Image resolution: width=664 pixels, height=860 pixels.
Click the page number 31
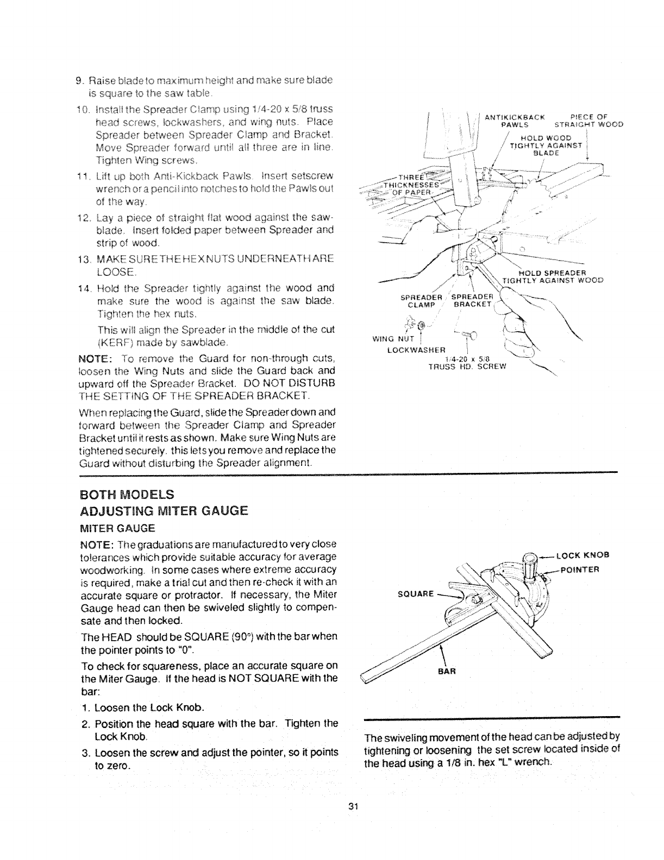tap(352, 806)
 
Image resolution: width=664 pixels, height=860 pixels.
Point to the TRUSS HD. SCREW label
tap(467, 365)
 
